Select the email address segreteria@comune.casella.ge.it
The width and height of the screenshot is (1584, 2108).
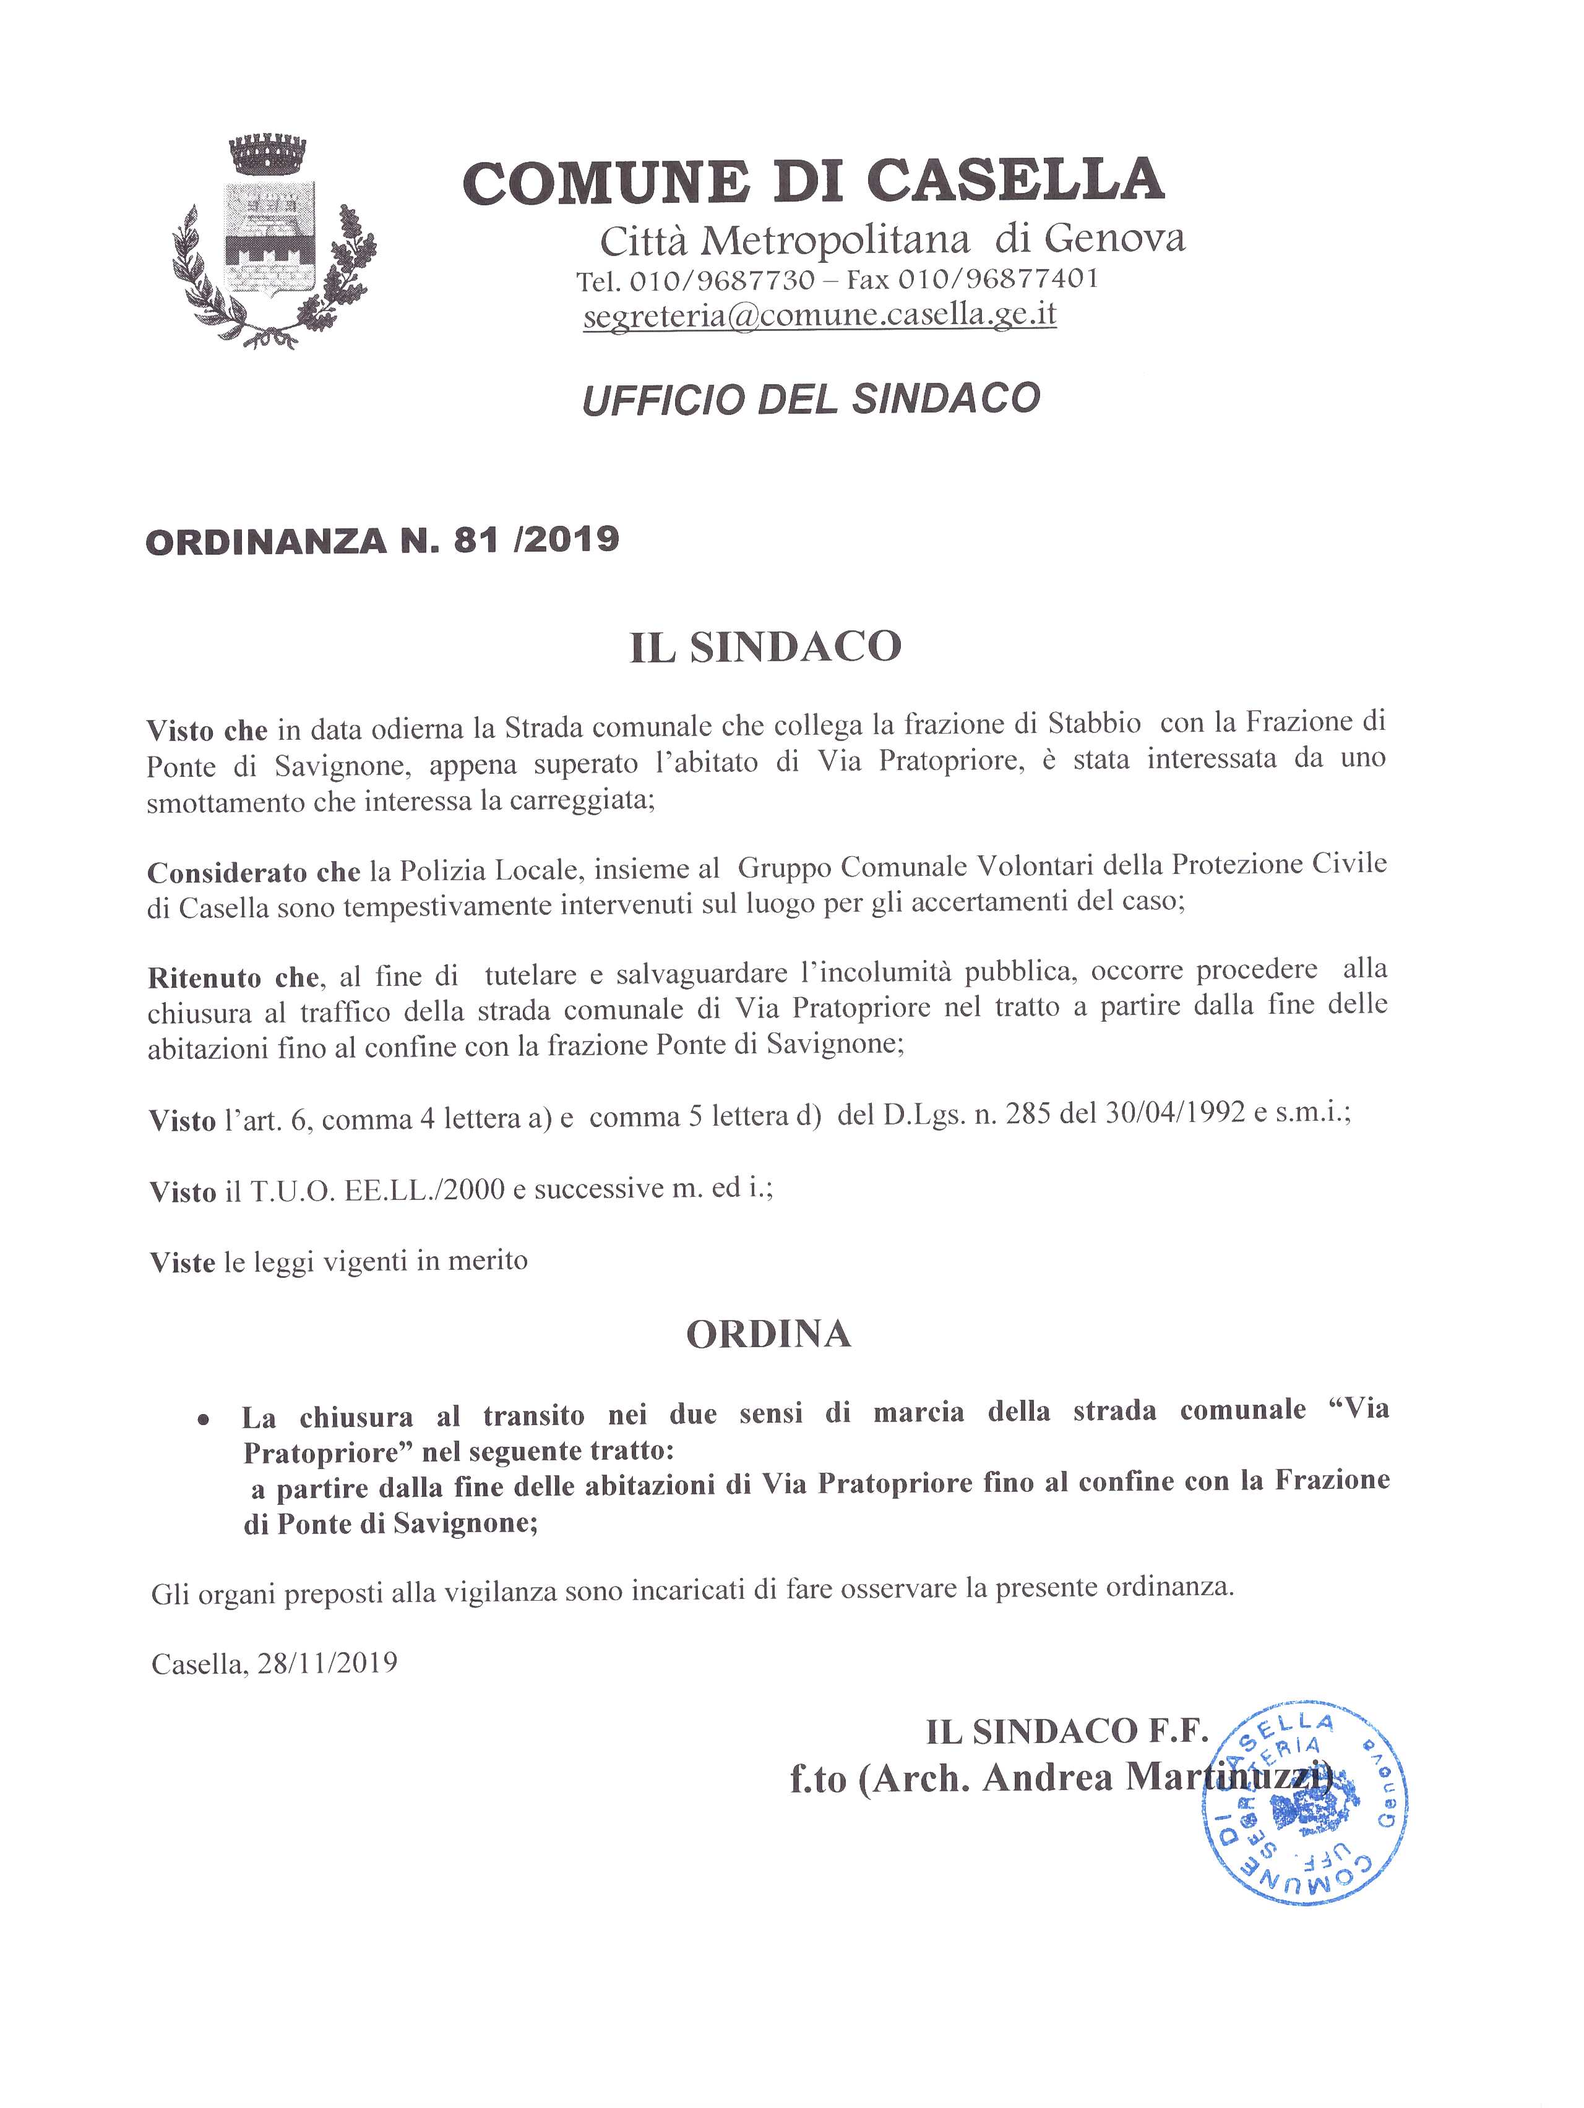point(820,314)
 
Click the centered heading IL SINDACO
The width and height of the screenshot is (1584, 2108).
point(765,647)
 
